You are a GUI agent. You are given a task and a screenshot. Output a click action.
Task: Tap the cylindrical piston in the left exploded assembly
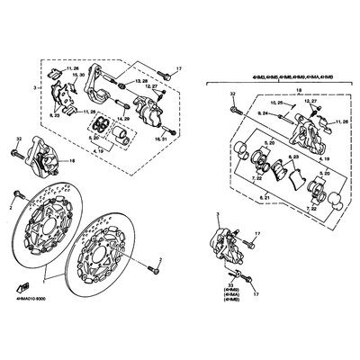119,136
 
